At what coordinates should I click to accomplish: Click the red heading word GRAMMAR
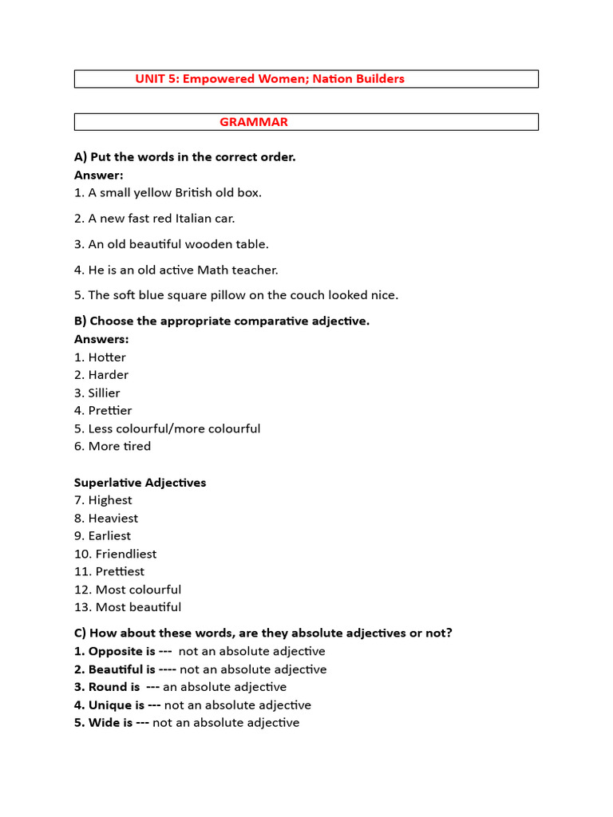click(x=254, y=122)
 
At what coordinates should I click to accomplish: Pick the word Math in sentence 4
click(x=213, y=270)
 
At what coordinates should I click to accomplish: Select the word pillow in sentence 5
click(x=213, y=295)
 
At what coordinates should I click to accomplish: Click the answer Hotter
click(x=107, y=357)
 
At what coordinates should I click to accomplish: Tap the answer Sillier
click(x=104, y=393)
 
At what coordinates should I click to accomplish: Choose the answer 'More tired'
click(x=119, y=447)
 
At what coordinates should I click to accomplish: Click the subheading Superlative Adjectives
click(x=140, y=483)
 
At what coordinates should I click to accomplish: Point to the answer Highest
click(x=110, y=500)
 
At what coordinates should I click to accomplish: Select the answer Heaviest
click(x=113, y=519)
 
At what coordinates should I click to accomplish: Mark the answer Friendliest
click(x=126, y=554)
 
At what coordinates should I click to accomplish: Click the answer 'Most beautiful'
click(x=138, y=607)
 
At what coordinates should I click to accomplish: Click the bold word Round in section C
click(x=108, y=687)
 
